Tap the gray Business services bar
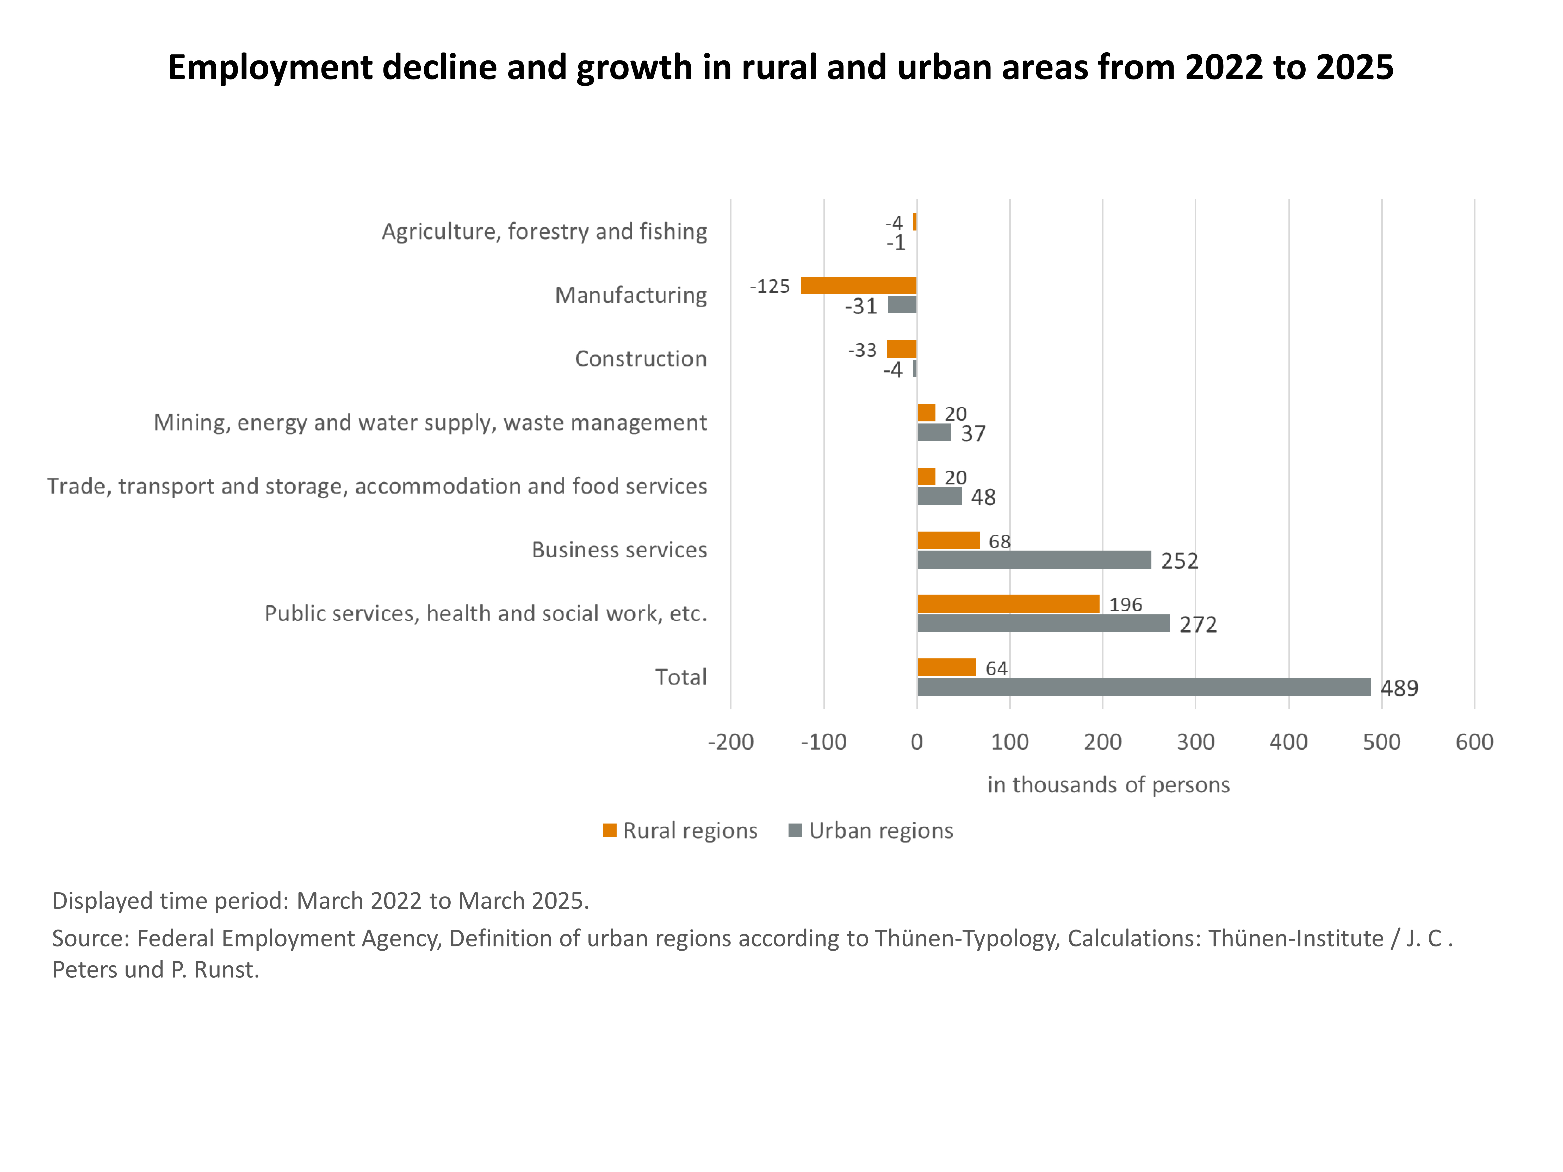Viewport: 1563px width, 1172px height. (x=1034, y=559)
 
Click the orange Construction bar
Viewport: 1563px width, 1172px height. (x=902, y=349)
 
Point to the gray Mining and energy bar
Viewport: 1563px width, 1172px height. (x=934, y=432)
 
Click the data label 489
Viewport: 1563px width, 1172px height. (x=1399, y=688)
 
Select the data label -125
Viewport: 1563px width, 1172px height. (x=770, y=286)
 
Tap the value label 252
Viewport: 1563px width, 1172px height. (x=1179, y=561)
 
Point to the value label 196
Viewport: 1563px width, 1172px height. (x=1125, y=605)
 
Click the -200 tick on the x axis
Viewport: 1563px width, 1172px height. (x=731, y=742)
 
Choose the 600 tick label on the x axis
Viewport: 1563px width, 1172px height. (x=1474, y=742)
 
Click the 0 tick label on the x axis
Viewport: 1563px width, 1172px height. (x=916, y=742)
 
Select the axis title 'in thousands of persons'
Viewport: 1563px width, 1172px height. (x=1108, y=785)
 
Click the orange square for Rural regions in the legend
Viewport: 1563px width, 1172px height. (x=609, y=830)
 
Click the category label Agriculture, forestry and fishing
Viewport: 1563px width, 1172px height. (x=544, y=232)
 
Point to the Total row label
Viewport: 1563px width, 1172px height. (x=680, y=677)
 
